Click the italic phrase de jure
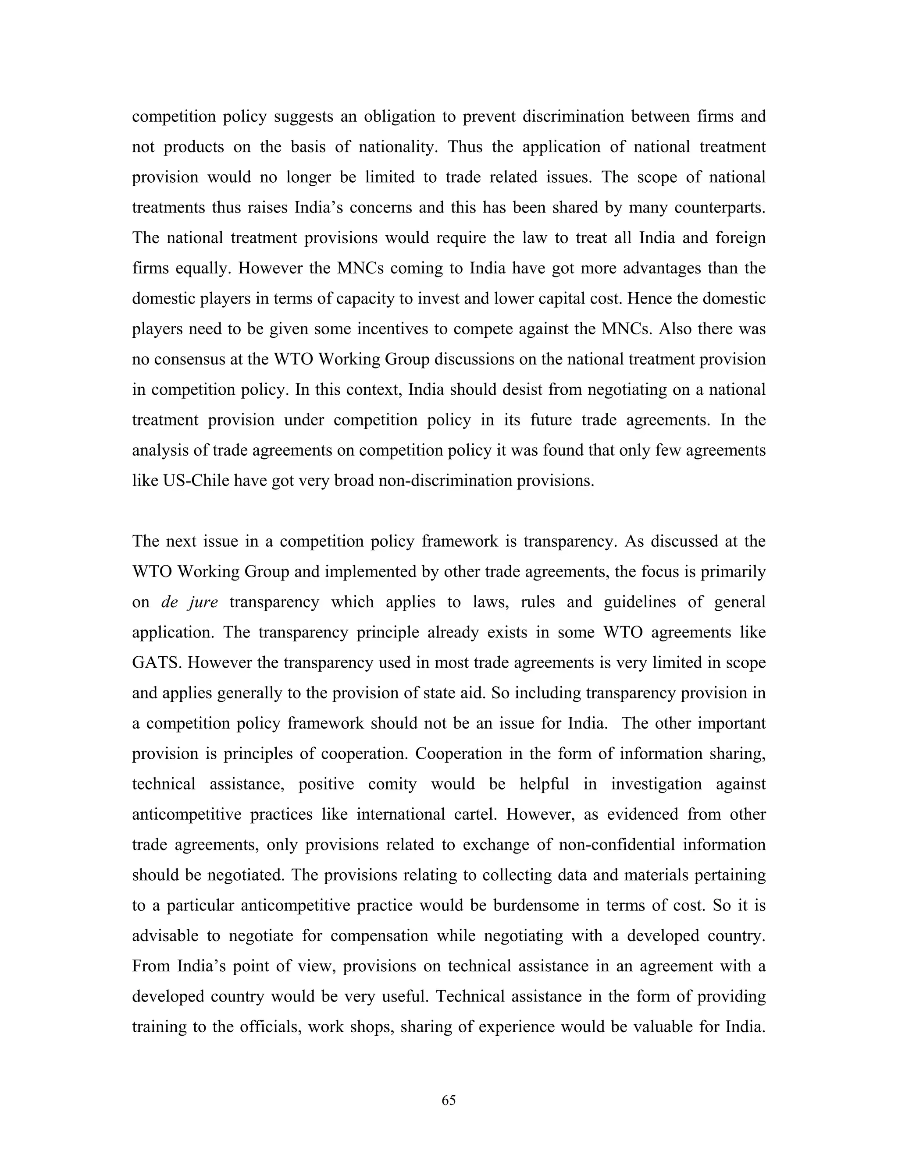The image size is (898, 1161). point(189,602)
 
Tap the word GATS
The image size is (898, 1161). point(155,663)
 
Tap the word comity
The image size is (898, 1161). point(392,784)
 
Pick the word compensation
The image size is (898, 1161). point(379,936)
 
